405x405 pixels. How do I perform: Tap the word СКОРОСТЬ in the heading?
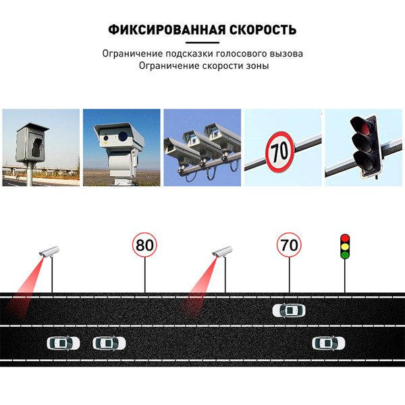click(263, 30)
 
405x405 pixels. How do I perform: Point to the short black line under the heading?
click(202, 43)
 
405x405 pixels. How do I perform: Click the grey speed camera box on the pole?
click(32, 142)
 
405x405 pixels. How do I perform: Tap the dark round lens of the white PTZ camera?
click(123, 136)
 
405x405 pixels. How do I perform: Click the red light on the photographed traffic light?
click(362, 126)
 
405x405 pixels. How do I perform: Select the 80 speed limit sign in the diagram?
click(144, 244)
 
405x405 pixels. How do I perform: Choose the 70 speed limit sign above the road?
click(289, 244)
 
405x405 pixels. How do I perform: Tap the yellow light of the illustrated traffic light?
click(345, 246)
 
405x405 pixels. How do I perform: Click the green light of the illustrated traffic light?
click(345, 255)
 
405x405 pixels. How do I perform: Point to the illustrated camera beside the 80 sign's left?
click(49, 251)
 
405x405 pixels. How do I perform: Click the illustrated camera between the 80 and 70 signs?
click(222, 251)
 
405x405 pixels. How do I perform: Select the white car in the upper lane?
click(289, 310)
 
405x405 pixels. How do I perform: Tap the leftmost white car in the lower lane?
click(63, 344)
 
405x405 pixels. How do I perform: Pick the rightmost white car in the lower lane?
click(329, 344)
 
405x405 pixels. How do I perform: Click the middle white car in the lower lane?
click(109, 344)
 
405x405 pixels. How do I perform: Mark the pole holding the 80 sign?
click(145, 275)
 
